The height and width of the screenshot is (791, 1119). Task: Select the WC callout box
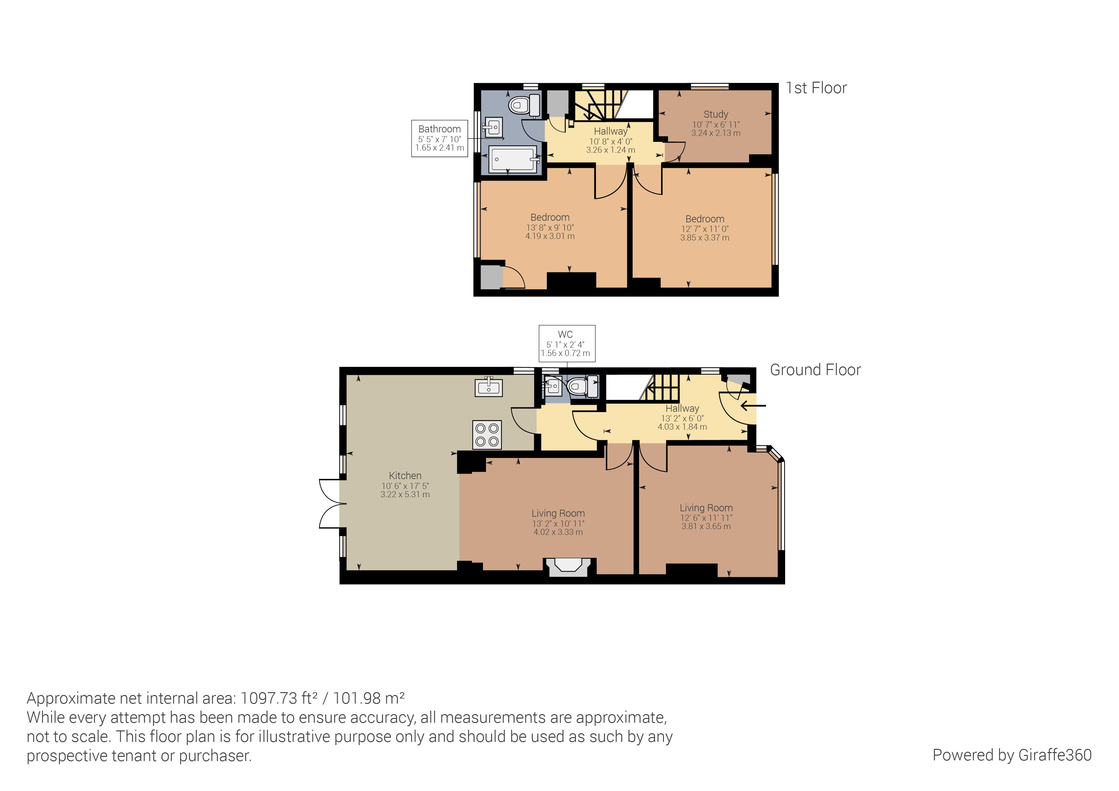coord(566,344)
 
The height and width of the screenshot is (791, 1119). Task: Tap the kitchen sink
coord(488,388)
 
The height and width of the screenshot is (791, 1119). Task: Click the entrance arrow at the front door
coord(753,405)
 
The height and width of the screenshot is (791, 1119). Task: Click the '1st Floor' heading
coord(816,88)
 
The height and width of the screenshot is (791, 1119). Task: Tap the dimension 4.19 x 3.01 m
coord(550,236)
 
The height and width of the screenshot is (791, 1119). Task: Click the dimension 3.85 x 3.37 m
coord(705,238)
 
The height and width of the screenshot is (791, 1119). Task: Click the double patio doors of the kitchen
coord(330,503)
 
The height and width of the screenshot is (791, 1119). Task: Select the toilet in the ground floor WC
coord(578,387)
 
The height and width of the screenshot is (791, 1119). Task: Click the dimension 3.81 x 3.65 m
coord(706,526)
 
